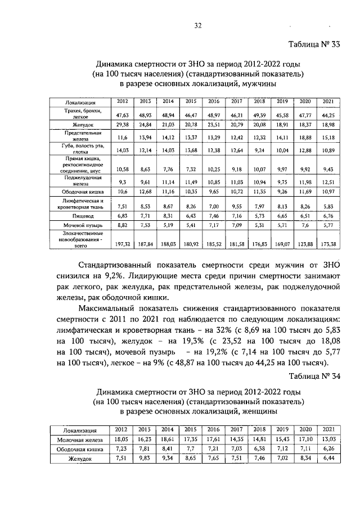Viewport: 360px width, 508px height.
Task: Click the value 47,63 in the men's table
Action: click(122, 114)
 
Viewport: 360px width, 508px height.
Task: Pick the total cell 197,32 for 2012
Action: click(122, 244)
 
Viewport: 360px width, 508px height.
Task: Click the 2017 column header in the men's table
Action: click(236, 101)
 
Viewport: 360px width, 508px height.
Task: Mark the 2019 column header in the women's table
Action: click(281, 429)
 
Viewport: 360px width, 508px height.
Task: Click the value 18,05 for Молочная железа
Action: click(122, 439)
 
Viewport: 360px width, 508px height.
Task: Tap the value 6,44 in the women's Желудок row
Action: click(327, 459)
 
